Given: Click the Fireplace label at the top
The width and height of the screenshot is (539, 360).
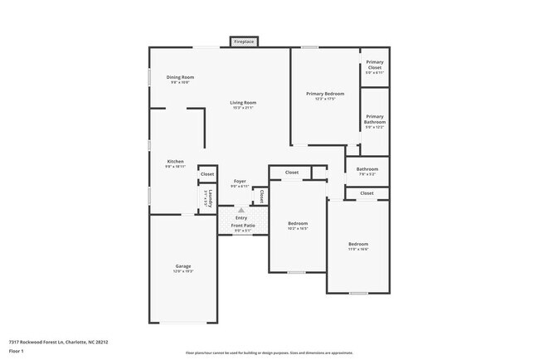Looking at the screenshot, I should click(244, 41).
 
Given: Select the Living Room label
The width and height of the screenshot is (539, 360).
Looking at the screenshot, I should click(242, 102).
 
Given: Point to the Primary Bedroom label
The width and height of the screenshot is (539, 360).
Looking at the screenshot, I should click(324, 94).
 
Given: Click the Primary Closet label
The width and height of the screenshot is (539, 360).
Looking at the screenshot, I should click(375, 63).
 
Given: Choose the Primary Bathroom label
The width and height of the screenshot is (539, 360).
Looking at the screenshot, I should click(375, 119).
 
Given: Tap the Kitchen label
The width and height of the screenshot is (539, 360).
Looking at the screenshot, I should click(175, 161).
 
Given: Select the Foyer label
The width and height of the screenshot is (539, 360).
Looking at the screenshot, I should click(240, 180).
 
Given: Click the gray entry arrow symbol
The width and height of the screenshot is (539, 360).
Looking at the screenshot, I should click(241, 210).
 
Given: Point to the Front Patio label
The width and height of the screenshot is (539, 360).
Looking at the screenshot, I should click(243, 225).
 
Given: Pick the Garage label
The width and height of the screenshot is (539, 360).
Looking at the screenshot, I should click(182, 266).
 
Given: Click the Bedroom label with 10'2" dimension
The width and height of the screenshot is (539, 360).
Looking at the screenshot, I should click(298, 223).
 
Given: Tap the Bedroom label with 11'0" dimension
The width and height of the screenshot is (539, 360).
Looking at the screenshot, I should click(358, 243).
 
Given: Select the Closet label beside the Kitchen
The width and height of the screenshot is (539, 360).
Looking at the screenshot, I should click(207, 174).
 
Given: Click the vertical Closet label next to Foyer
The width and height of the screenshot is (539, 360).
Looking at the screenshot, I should click(261, 197).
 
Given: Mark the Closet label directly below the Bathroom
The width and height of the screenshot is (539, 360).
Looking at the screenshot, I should click(367, 193).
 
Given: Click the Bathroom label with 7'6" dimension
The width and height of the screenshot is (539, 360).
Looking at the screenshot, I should click(367, 168).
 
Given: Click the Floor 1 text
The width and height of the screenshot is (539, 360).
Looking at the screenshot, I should click(17, 351).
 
